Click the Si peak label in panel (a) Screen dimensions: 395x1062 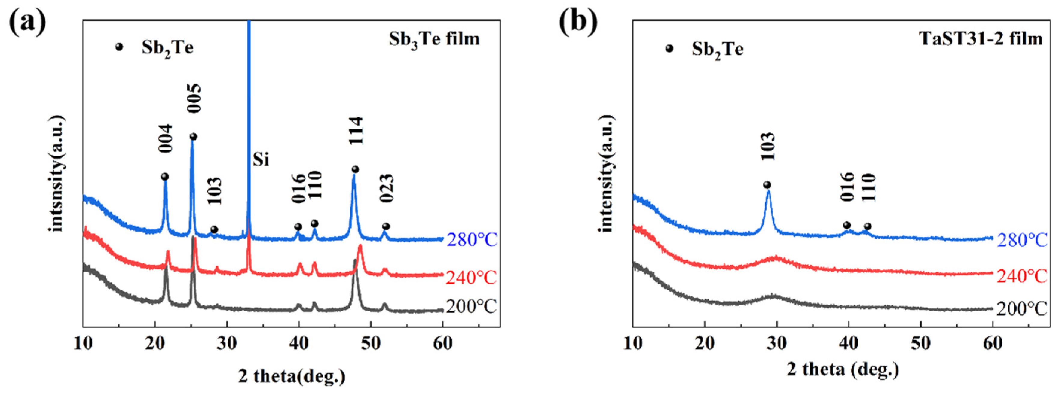pos(261,160)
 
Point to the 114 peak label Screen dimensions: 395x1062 pos(355,131)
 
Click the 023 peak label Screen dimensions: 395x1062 pos(386,189)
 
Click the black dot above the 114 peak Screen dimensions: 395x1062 pos(355,169)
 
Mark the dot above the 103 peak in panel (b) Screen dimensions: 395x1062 pos(767,185)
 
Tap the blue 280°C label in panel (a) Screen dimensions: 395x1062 pos(472,239)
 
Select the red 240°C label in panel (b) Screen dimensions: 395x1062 pos(1022,276)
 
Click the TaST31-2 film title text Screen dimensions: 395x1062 pos(980,39)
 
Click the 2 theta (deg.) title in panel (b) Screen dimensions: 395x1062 pos(843,369)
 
